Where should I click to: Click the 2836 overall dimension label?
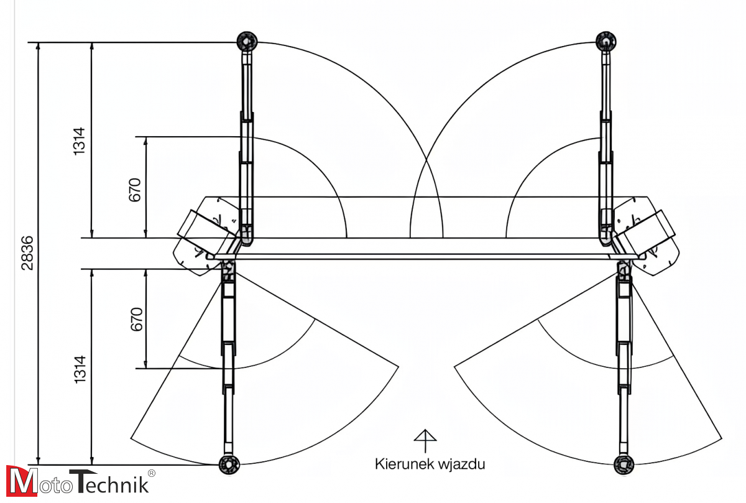pyautogui.click(x=26, y=253)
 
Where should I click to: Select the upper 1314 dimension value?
pyautogui.click(x=80, y=141)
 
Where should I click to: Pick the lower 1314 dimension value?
pyautogui.click(x=80, y=369)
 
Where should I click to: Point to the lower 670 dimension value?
pyautogui.click(x=136, y=319)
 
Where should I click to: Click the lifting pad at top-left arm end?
pyautogui.click(x=247, y=42)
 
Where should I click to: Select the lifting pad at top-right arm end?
pyautogui.click(x=606, y=41)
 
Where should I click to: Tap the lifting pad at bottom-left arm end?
pyautogui.click(x=229, y=463)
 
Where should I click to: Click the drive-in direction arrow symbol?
pyautogui.click(x=425, y=440)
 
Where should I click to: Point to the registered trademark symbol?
pyautogui.click(x=151, y=473)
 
